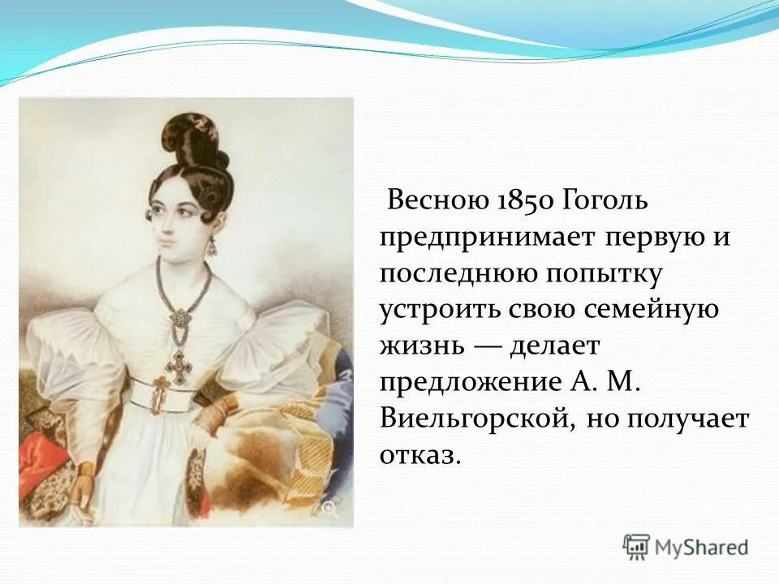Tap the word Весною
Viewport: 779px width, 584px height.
point(437,200)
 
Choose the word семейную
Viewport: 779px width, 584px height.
point(639,310)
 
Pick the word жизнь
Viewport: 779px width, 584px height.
point(421,346)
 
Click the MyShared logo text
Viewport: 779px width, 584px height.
point(702,547)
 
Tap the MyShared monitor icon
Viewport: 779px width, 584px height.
point(637,547)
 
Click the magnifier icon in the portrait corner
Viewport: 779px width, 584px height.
point(329,509)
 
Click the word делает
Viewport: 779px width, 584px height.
point(554,346)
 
